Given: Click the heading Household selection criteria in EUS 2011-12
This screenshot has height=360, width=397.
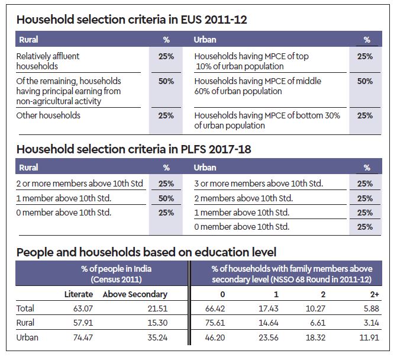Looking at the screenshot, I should (x=131, y=20).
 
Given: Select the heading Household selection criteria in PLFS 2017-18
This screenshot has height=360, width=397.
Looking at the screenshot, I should (x=134, y=149).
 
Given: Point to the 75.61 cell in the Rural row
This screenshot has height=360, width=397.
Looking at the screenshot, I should (x=220, y=323).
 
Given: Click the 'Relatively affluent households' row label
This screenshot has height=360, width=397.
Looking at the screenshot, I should (x=49, y=61).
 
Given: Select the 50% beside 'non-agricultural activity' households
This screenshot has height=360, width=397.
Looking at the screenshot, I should (x=166, y=81).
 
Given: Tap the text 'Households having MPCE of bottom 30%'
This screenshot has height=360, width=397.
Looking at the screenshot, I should (x=267, y=116).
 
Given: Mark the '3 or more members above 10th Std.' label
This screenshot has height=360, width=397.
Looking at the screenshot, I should (x=259, y=184).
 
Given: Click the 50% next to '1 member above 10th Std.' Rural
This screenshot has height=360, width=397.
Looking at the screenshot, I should (x=166, y=198).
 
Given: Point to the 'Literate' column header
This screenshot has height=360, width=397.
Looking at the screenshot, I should (x=79, y=294).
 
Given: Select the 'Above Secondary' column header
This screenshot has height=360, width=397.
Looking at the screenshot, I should (x=135, y=294).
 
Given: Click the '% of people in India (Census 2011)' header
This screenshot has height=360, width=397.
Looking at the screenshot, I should (x=116, y=274).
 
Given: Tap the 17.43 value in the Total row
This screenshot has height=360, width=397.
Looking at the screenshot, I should (x=270, y=308).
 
